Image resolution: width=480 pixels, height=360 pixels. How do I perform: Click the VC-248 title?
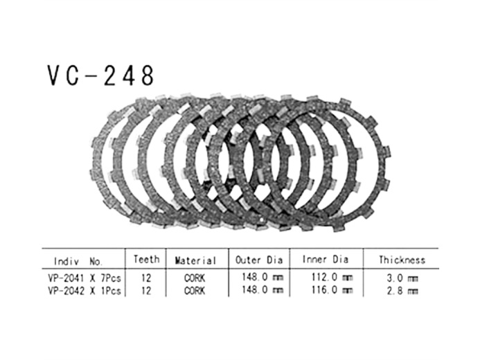click(100, 75)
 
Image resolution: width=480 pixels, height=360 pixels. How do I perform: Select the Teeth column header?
click(146, 260)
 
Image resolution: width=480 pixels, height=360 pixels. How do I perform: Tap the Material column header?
click(195, 260)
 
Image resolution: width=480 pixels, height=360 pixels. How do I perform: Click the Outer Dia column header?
click(258, 260)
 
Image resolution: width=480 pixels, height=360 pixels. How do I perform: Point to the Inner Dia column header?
click(325, 260)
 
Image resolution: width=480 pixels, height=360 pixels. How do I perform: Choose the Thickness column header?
click(402, 260)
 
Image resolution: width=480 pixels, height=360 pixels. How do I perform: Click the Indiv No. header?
click(78, 261)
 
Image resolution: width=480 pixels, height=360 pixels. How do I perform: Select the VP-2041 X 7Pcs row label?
click(85, 278)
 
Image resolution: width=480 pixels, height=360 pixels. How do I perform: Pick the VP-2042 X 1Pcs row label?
click(85, 291)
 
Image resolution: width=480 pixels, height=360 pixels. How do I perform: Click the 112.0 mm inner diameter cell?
click(332, 278)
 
